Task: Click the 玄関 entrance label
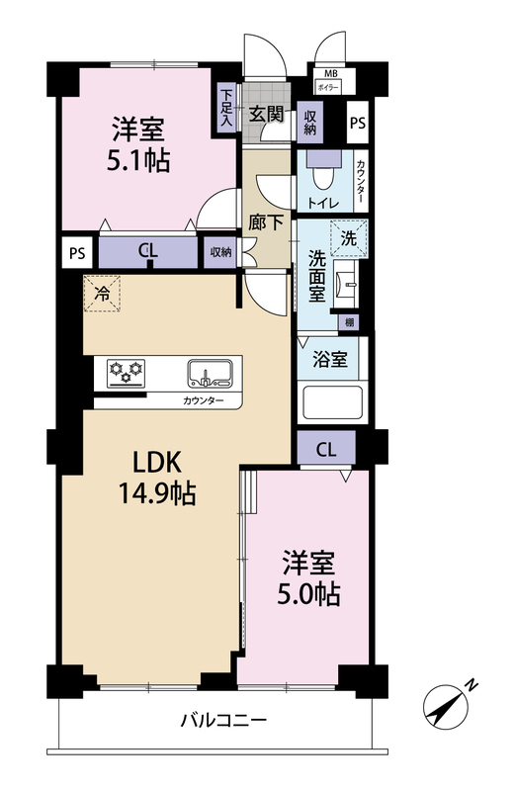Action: click(x=266, y=115)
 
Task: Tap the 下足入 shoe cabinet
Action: click(x=226, y=108)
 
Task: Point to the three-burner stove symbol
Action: click(x=127, y=374)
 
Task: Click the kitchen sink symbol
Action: click(x=211, y=374)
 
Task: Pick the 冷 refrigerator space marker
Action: click(x=102, y=293)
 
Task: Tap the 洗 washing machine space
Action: click(x=349, y=238)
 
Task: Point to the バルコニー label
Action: click(x=223, y=720)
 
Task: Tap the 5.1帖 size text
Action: click(x=138, y=160)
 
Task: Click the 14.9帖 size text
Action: click(x=157, y=492)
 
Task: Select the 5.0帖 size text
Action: click(x=308, y=594)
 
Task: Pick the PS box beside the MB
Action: click(x=358, y=123)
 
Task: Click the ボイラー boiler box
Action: click(x=327, y=87)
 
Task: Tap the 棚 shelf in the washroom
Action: click(x=349, y=322)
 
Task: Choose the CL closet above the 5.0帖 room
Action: click(x=326, y=448)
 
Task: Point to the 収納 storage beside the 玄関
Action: click(x=310, y=122)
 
